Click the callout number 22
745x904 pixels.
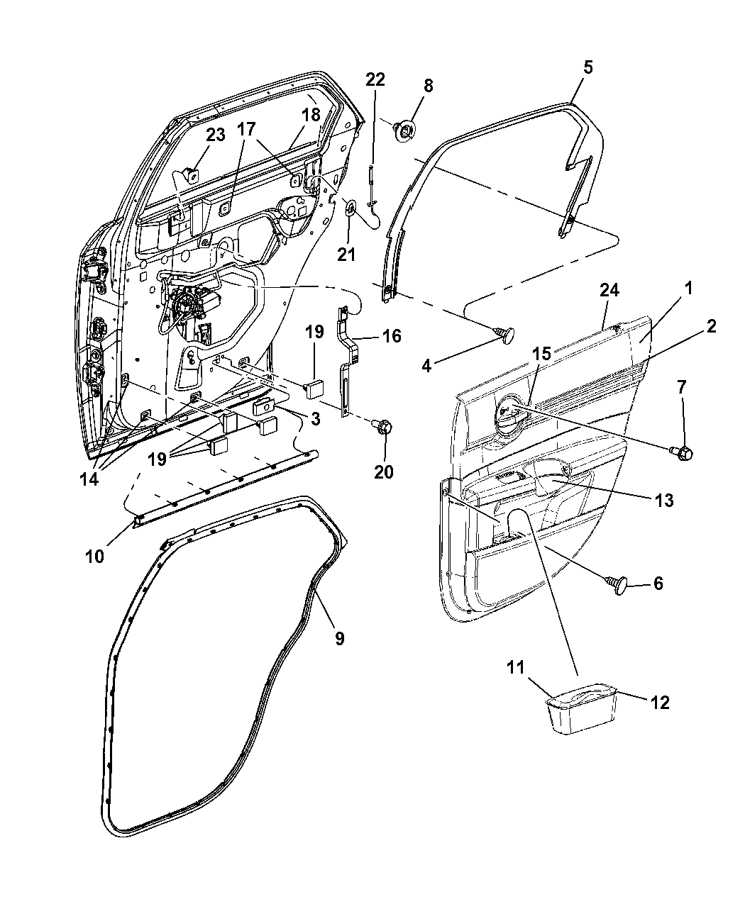[x=375, y=79]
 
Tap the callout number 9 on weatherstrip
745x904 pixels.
[x=339, y=638]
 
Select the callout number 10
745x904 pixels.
[x=94, y=556]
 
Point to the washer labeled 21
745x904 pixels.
[x=351, y=207]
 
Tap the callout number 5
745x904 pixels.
[x=588, y=67]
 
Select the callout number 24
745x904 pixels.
[x=609, y=290]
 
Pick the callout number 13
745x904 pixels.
[x=663, y=500]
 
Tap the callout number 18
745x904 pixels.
[x=311, y=115]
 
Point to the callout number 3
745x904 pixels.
[x=314, y=419]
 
